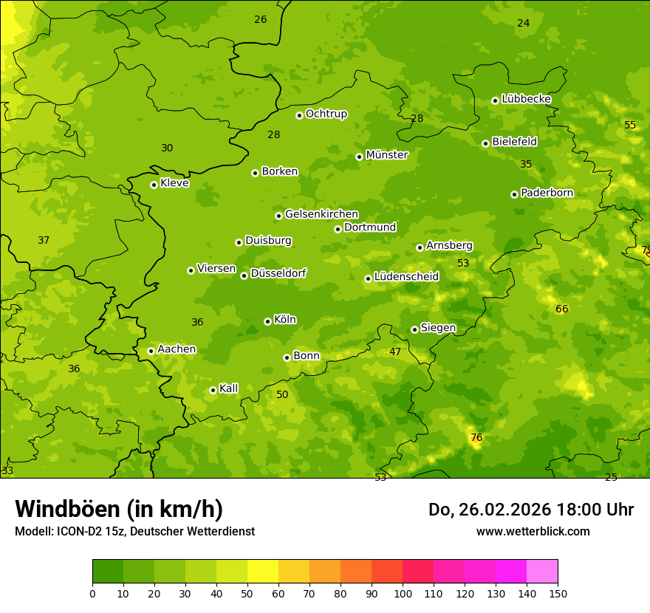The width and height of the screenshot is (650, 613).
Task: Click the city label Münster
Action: (387, 155)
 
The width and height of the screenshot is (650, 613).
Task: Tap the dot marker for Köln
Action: (267, 321)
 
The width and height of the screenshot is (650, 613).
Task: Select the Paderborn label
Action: (547, 193)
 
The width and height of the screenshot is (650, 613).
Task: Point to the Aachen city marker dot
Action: (151, 351)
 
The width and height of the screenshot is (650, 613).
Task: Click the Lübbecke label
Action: (526, 99)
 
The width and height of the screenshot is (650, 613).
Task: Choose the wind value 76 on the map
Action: (476, 438)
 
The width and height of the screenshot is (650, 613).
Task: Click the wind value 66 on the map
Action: (562, 309)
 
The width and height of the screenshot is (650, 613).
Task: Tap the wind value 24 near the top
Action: (523, 24)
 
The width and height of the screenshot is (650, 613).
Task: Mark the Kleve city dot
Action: (154, 185)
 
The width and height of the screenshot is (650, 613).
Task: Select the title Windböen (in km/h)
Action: (119, 509)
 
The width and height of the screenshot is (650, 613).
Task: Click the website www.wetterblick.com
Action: (533, 531)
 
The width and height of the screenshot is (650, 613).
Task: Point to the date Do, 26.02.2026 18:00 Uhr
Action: (530, 510)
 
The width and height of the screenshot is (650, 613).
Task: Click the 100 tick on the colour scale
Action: (403, 593)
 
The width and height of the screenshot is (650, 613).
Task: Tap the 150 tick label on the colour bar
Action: (557, 593)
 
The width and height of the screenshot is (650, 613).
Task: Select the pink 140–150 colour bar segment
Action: (542, 571)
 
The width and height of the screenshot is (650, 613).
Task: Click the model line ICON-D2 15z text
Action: (134, 531)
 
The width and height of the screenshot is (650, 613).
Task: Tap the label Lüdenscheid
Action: (406, 277)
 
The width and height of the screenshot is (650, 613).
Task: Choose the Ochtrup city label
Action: (326, 114)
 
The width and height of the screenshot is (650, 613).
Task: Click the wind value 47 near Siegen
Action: (395, 352)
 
